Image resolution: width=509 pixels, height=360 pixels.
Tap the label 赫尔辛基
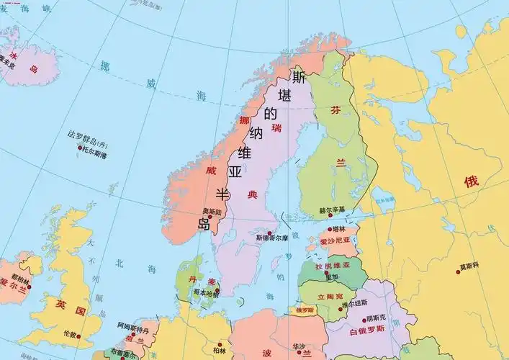332,210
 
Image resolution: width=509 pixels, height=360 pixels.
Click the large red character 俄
471,181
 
